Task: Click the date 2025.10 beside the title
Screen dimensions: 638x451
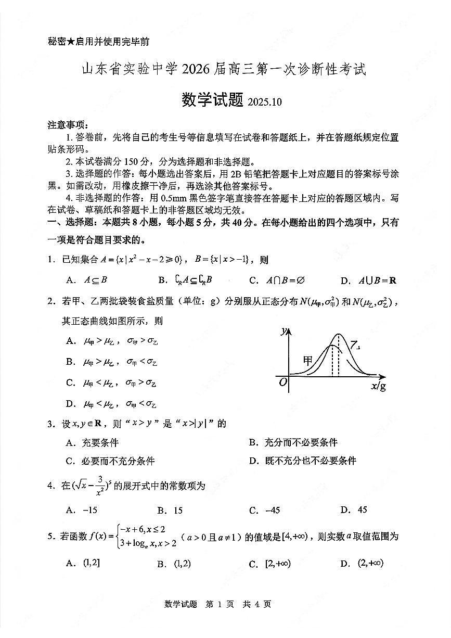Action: [265, 102]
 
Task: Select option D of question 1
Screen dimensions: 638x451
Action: [369, 280]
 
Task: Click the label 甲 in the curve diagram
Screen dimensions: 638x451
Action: [308, 360]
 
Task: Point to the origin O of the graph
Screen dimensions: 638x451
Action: [283, 382]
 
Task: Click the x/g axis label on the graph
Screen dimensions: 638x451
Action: [378, 386]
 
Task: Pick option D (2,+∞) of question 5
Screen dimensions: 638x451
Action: [370, 563]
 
